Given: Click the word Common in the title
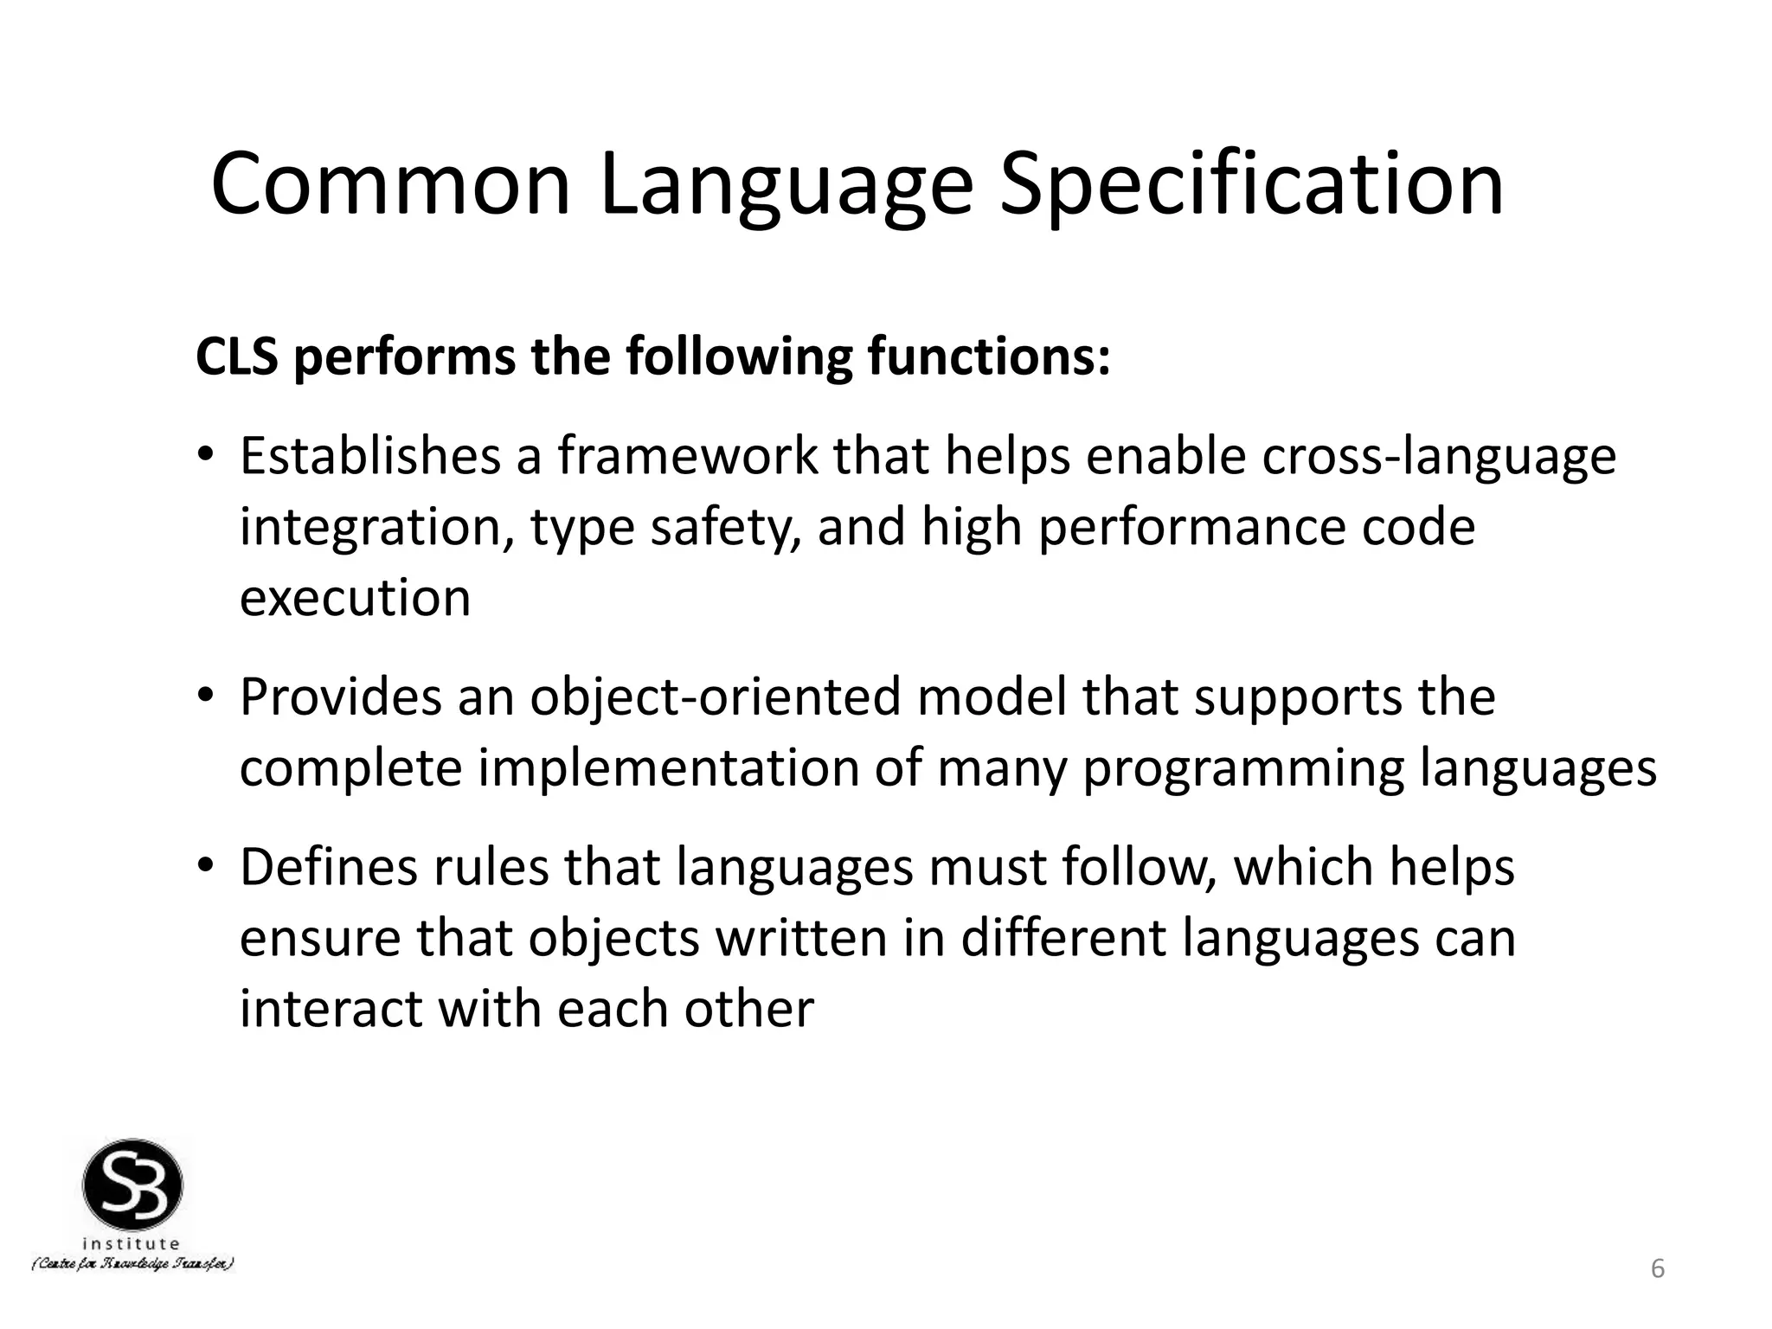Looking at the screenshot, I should pos(390,184).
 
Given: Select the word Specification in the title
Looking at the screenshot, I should pos(1251,184).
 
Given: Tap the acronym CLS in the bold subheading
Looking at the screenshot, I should pos(237,356).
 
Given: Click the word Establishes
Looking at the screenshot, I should pos(370,456).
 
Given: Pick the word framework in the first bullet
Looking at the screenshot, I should pos(687,456).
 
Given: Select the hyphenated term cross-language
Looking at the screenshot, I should pos(1439,456).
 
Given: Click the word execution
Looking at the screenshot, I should pos(355,598).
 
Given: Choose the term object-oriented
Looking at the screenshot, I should pos(716,697).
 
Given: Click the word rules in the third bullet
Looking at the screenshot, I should pos(491,867).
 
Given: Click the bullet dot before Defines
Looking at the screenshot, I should pos(204,866).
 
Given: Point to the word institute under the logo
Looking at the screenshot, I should pos(132,1244).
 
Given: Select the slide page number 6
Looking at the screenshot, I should pos(1658,1269).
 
